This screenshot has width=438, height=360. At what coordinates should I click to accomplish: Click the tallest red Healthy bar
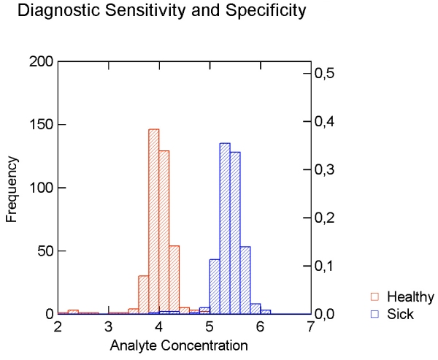coord(153,219)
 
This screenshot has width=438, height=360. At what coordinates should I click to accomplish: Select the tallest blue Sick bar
coord(225,226)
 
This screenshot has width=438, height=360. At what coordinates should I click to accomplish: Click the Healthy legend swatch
coord(375,297)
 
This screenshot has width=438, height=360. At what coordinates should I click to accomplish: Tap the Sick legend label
coord(401,314)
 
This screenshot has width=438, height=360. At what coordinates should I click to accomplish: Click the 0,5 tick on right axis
coord(324,74)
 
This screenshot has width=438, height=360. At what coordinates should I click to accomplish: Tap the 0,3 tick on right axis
coord(324,169)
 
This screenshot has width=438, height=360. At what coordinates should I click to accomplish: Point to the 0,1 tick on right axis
coord(324,266)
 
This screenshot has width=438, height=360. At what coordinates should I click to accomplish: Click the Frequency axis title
coord(12,188)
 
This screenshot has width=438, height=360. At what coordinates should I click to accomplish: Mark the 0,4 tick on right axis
coord(324,121)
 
